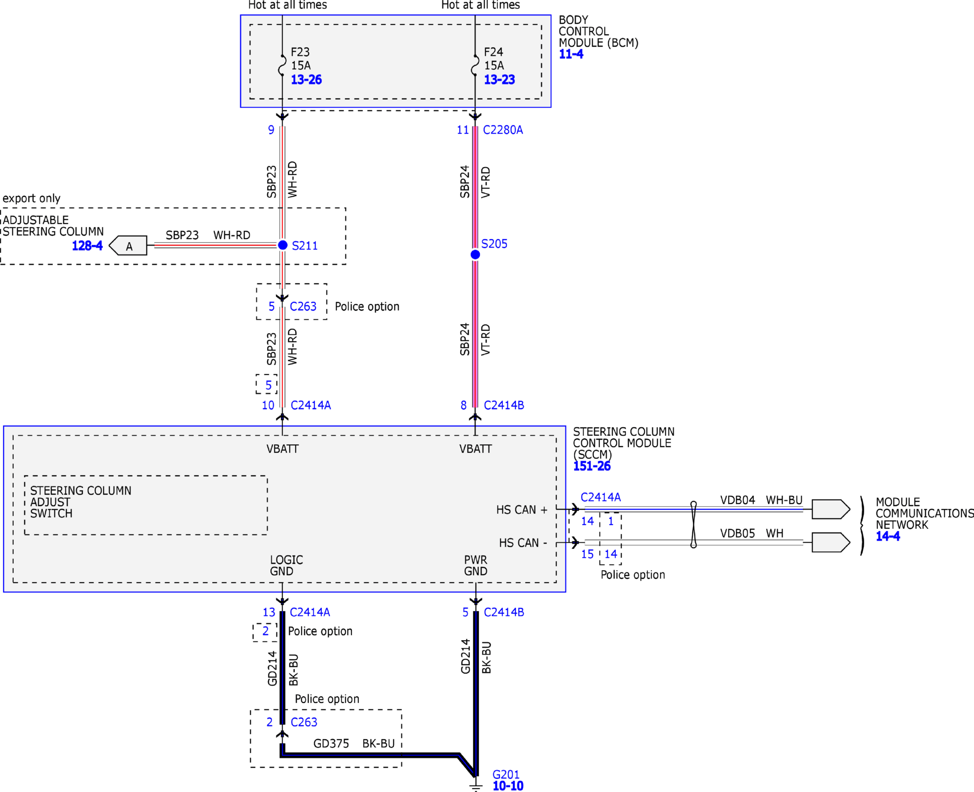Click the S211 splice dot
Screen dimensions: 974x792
click(x=283, y=245)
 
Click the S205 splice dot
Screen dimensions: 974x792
click(x=475, y=254)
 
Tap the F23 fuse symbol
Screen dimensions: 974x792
click(x=282, y=65)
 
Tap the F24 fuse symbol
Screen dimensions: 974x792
click(x=475, y=65)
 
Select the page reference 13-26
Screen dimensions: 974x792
click(x=306, y=80)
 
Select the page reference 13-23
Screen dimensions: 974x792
click(x=499, y=80)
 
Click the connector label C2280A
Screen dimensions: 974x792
click(x=503, y=130)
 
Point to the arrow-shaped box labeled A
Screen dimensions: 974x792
click(x=128, y=246)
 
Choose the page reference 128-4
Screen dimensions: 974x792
click(x=87, y=246)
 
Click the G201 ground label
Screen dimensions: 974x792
click(x=506, y=775)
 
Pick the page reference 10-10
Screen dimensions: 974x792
click(x=508, y=786)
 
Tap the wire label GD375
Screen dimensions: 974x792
click(x=331, y=744)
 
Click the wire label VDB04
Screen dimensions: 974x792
click(x=738, y=500)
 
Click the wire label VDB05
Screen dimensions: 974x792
click(x=738, y=533)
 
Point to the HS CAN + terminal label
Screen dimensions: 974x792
click(x=522, y=510)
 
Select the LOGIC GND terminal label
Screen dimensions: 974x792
click(x=286, y=566)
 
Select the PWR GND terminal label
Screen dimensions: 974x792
click(x=476, y=566)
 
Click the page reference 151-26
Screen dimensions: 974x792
click(x=592, y=466)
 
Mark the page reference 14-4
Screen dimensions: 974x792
click(x=888, y=536)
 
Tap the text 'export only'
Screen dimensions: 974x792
click(x=32, y=198)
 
